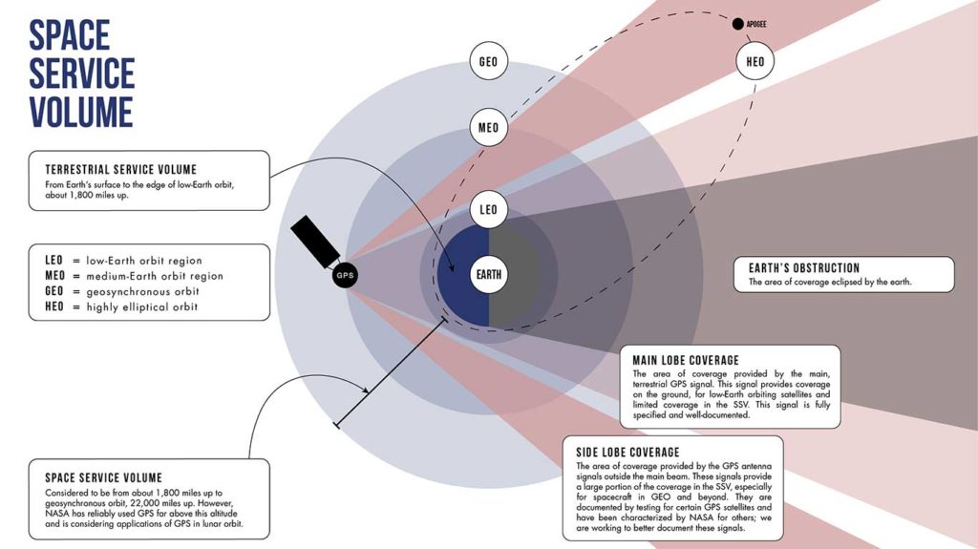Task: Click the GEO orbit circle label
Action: [x=488, y=63]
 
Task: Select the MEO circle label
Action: [x=488, y=128]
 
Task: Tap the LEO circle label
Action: [x=488, y=210]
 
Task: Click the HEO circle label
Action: [x=754, y=63]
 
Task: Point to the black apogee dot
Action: [x=737, y=24]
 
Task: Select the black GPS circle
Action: [x=345, y=276]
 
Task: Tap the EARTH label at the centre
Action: [x=489, y=276]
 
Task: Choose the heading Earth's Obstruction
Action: [x=803, y=268]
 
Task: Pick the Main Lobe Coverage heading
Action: [x=685, y=360]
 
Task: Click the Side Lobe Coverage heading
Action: [x=627, y=452]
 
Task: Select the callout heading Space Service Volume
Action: [x=103, y=476]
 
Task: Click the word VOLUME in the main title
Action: [x=80, y=112]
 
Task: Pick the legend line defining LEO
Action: [x=123, y=261]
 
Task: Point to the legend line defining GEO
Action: [x=121, y=292]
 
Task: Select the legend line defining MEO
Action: [x=133, y=276]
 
